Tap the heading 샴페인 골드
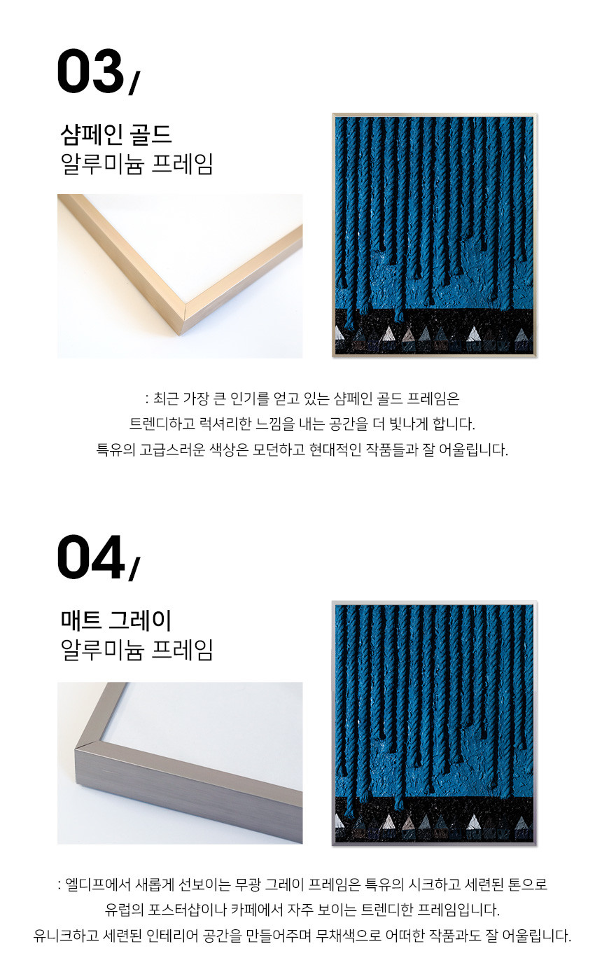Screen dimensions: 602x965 (115, 134)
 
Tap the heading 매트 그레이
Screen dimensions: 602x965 (115, 620)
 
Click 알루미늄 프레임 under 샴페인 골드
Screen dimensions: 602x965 (137, 164)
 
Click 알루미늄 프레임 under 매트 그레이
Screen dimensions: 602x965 (137, 650)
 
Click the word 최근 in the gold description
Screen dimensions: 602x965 (166, 398)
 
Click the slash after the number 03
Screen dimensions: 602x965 (134, 83)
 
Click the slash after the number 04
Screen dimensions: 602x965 (134, 569)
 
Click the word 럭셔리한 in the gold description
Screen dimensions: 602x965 (225, 424)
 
